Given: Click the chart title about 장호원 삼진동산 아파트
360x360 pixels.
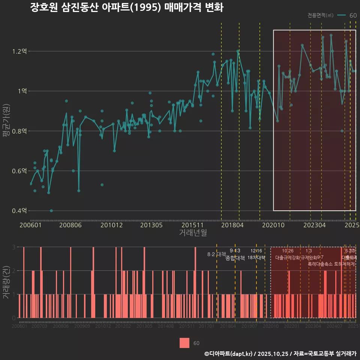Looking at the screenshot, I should click(127, 8).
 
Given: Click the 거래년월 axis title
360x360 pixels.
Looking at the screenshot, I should click(193, 233).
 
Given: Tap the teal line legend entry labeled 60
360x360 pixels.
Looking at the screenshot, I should click(347, 15).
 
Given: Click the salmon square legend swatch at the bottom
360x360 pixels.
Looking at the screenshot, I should click(184, 343).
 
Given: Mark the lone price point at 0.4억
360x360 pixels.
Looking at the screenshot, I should click(51, 211).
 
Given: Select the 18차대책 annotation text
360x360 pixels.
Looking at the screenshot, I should click(256, 258).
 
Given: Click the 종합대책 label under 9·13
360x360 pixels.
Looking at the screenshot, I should click(235, 258).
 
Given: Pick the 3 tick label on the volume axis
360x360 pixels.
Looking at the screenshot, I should click(13, 247).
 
